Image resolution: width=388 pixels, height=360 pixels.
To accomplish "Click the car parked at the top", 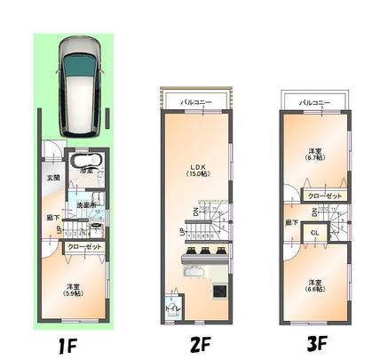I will click(x=77, y=77).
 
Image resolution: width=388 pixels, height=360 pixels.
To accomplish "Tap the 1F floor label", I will click(x=72, y=341).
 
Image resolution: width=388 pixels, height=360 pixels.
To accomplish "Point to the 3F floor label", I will click(x=317, y=342).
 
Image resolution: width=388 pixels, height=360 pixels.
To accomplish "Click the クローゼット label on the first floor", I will click(x=84, y=248).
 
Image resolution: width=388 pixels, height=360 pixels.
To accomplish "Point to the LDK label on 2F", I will click(x=196, y=166).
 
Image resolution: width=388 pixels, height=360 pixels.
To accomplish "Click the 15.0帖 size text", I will click(x=196, y=174).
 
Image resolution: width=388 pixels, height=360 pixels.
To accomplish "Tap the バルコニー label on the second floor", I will click(x=196, y=103).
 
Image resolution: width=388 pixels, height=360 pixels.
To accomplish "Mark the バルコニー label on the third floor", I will click(x=314, y=103).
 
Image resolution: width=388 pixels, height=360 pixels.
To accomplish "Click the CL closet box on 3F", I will click(x=314, y=233).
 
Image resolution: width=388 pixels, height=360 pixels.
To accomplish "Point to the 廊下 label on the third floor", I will click(x=292, y=222).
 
